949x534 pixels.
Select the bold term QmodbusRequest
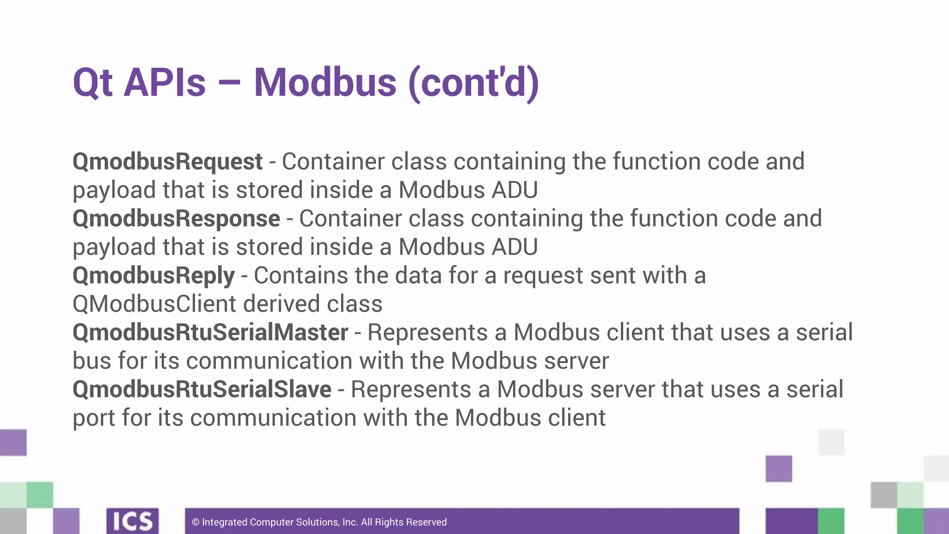pos(168,162)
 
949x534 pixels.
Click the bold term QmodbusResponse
pos(177,219)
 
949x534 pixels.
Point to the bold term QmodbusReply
pos(154,276)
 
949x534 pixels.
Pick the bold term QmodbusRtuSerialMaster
pos(210,332)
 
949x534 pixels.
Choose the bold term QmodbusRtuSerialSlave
pos(202,389)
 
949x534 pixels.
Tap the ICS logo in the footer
pos(133,521)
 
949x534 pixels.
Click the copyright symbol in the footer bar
pos(196,522)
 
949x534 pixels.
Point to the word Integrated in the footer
pos(225,522)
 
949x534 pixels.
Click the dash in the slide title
pos(229,83)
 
